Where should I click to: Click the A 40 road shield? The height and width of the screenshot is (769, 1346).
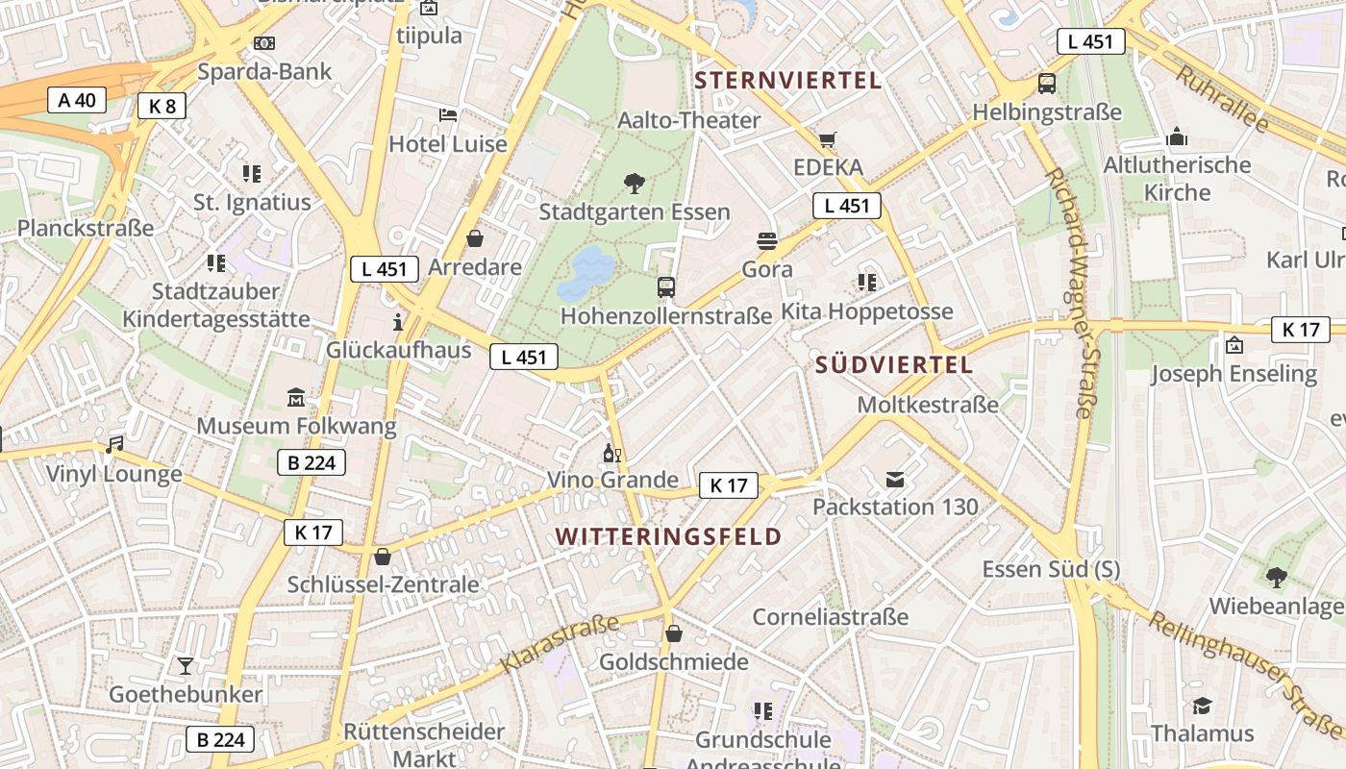(77, 100)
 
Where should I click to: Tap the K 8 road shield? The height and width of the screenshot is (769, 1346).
(162, 106)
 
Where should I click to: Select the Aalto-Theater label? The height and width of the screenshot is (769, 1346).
(688, 120)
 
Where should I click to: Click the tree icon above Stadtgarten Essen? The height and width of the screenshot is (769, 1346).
(634, 183)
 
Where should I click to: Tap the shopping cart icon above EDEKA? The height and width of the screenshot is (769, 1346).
(828, 140)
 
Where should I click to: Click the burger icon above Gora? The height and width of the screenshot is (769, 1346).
(767, 240)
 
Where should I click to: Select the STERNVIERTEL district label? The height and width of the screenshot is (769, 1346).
(788, 80)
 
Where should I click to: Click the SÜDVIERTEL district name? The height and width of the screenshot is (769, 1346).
(894, 365)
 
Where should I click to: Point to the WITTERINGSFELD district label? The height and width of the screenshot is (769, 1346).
(669, 536)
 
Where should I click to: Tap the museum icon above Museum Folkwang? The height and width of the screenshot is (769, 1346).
(296, 397)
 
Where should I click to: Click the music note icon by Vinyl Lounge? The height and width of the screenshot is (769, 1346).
(114, 445)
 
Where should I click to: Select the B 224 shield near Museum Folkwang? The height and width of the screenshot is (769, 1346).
(312, 463)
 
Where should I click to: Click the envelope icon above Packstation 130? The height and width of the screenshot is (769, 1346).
(895, 479)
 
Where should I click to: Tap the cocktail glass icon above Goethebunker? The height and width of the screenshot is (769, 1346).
(185, 665)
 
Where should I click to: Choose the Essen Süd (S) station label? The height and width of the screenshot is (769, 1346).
(1051, 569)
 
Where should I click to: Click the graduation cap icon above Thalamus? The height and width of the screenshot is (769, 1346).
(1202, 707)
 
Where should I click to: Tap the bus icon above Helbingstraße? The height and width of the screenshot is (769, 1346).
(1047, 84)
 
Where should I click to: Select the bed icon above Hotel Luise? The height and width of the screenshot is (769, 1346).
(448, 115)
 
